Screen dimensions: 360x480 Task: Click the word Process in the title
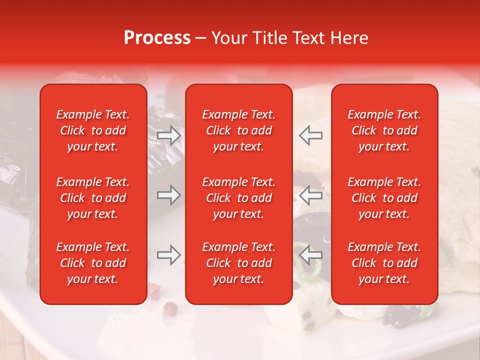pos(157,38)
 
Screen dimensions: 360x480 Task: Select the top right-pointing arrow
pos(168,135)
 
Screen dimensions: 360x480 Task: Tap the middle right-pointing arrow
pos(168,195)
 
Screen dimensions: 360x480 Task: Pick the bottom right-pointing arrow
pos(168,255)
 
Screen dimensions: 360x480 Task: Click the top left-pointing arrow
pos(311,135)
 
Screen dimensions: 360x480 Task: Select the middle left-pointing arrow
pos(311,195)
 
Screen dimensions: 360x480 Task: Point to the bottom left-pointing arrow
pos(311,255)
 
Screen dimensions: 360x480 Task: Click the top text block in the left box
pos(93,130)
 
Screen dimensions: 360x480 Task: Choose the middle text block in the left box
pos(93,198)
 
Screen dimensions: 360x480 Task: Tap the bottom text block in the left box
pos(93,263)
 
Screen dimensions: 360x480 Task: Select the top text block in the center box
pos(238,130)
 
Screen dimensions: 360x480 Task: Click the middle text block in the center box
pos(238,198)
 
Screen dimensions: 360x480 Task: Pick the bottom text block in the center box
pos(238,263)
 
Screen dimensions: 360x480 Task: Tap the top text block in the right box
pos(384,130)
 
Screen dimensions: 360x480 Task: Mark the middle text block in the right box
pos(384,198)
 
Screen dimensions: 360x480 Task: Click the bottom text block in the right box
pos(384,263)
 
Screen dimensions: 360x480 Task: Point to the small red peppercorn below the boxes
pos(170,307)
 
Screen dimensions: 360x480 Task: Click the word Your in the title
pos(227,38)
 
